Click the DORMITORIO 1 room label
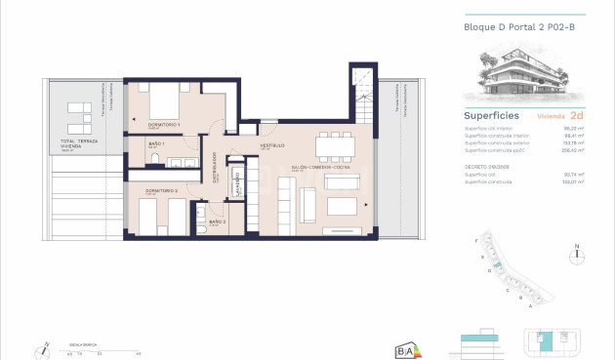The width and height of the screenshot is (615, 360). [x=163, y=126]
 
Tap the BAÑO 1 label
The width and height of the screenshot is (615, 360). [x=156, y=144]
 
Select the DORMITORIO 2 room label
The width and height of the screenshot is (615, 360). [x=162, y=189]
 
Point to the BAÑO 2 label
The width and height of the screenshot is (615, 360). [x=218, y=222]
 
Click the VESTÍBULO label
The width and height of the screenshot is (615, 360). [x=271, y=145]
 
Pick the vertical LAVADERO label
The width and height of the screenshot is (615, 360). [x=238, y=182]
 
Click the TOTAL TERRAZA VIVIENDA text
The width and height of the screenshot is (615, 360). [x=75, y=143]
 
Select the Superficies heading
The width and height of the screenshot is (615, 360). [x=491, y=115]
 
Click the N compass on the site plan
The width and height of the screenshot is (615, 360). [x=578, y=253]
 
